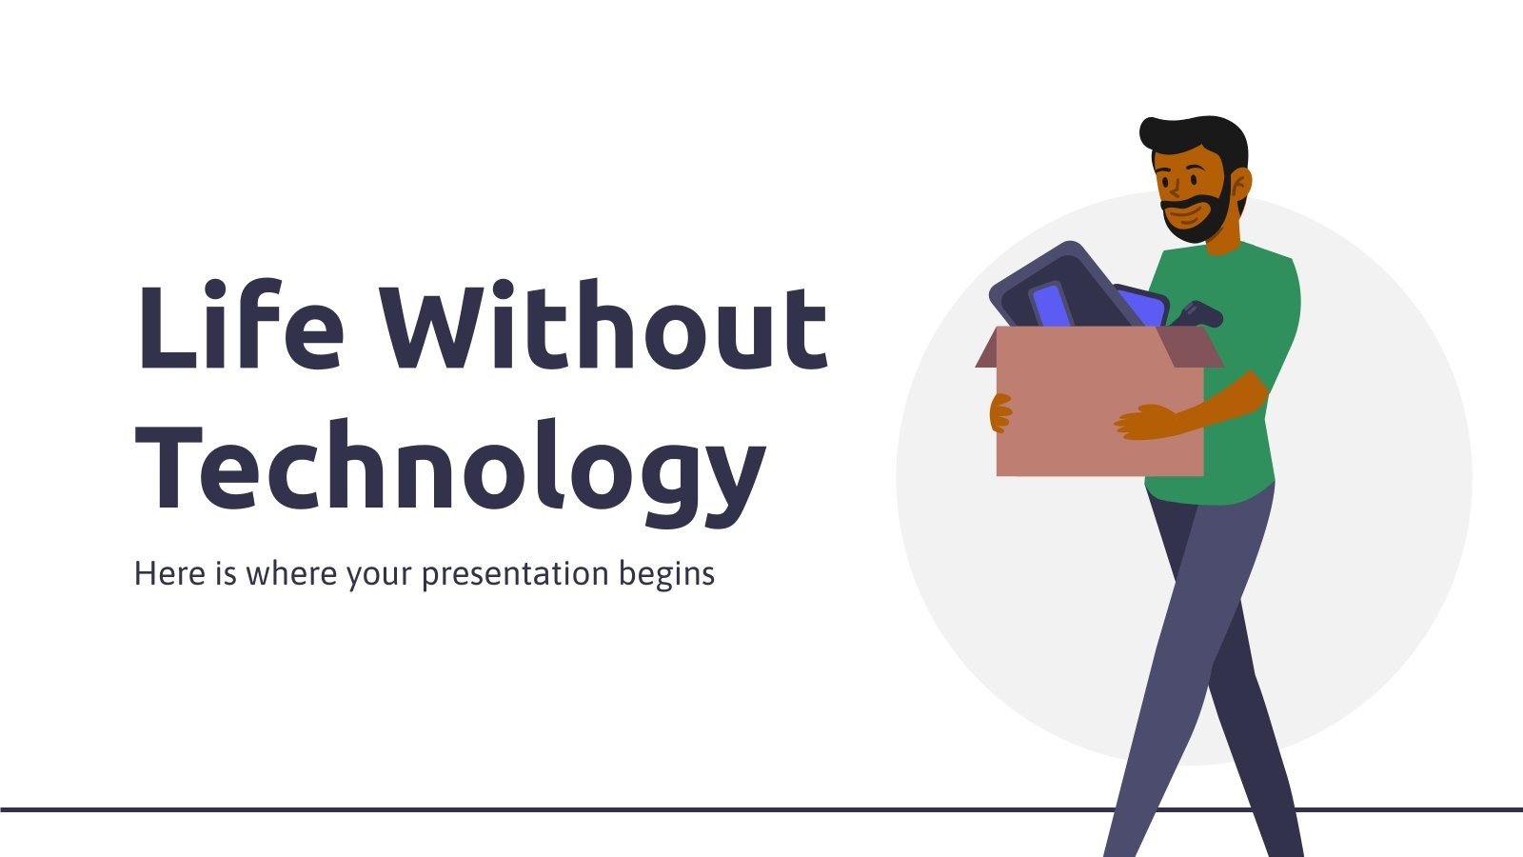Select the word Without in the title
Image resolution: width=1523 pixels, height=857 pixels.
pyautogui.click(x=603, y=326)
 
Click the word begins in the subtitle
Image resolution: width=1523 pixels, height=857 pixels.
pyautogui.click(x=666, y=574)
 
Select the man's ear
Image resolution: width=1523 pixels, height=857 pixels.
pyautogui.click(x=1238, y=183)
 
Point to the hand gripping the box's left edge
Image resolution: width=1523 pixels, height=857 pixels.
pyautogui.click(x=1000, y=413)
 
